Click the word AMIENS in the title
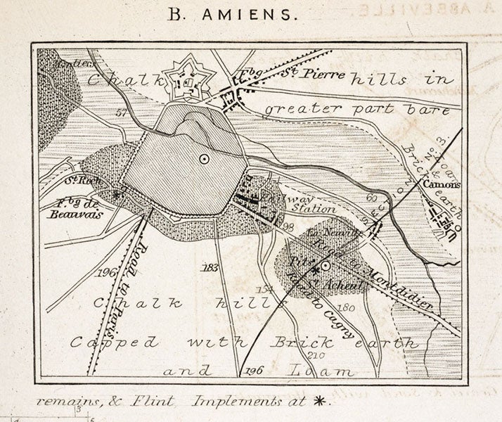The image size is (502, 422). coord(263,13)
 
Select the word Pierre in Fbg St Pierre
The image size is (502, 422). coord(322,74)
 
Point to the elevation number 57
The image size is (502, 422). coord(121,112)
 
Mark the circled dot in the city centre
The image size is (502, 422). coord(203,159)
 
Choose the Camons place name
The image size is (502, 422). coord(441,184)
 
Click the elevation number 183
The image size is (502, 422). coord(208,268)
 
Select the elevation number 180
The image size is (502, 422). coord(344,307)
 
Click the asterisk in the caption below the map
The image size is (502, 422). coord(321,402)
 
